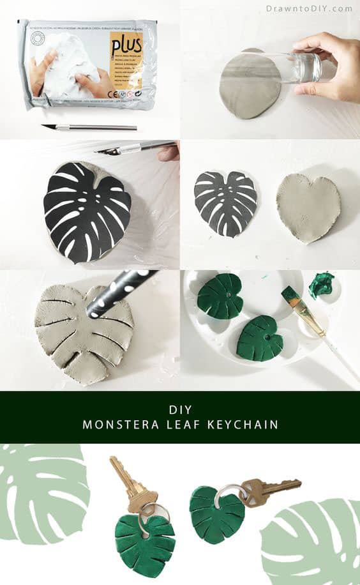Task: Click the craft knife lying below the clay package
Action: pos(89,127)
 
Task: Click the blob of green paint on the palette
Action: pos(322,285)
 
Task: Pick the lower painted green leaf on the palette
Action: pos(259,337)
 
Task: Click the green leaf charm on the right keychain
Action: pos(216,513)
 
